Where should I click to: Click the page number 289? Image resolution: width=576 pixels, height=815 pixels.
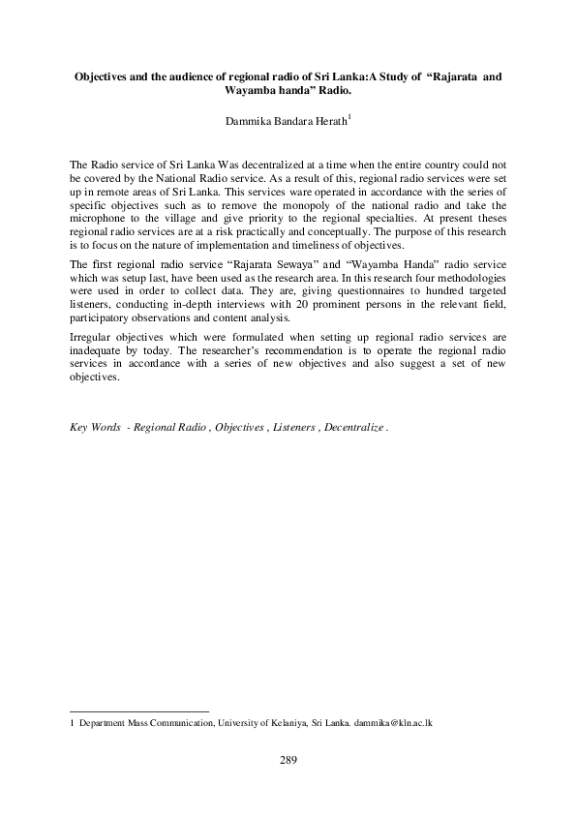[287, 760]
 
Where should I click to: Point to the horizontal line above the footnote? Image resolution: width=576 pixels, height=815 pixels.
[140, 710]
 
